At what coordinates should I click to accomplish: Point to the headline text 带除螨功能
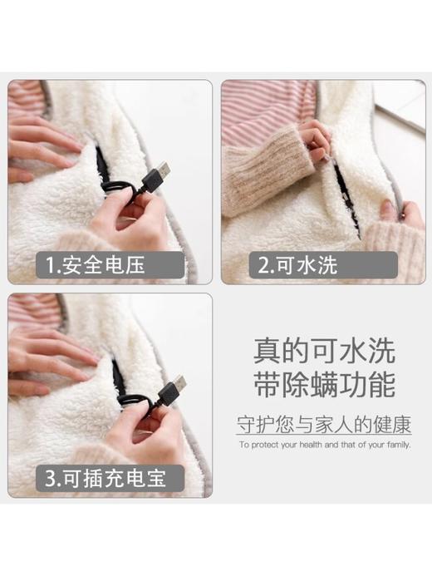tap(324, 385)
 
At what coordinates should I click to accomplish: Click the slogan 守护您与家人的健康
tap(324, 426)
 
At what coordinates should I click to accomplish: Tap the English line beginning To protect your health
tap(324, 446)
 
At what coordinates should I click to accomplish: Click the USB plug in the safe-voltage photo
tap(157, 176)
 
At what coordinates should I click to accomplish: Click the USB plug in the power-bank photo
tap(170, 391)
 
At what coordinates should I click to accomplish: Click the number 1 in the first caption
tap(52, 266)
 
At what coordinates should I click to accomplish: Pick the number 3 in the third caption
tap(52, 480)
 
